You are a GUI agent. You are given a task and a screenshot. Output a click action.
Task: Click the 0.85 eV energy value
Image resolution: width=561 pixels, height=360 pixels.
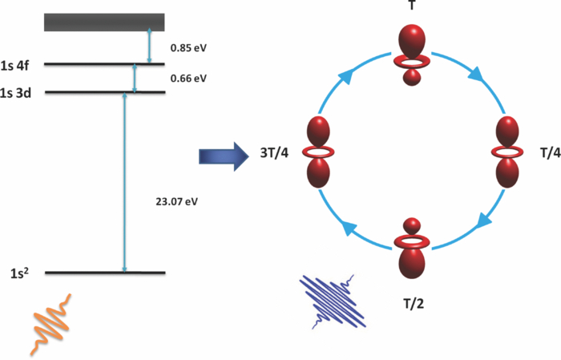[188, 47]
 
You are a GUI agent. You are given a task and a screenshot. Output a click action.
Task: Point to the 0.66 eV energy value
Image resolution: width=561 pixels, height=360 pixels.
[188, 78]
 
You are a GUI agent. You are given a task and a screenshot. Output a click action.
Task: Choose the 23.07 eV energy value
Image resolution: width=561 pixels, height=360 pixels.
[179, 200]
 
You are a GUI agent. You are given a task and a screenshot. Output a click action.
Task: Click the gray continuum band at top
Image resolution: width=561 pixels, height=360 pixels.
[104, 22]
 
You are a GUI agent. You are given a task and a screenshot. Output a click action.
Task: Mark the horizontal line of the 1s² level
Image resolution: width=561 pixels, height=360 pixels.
[104, 273]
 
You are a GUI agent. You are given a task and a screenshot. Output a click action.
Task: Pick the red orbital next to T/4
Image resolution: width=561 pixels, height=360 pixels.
[510, 152]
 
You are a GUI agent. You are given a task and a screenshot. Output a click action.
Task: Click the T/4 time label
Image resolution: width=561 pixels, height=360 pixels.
[545, 154]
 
